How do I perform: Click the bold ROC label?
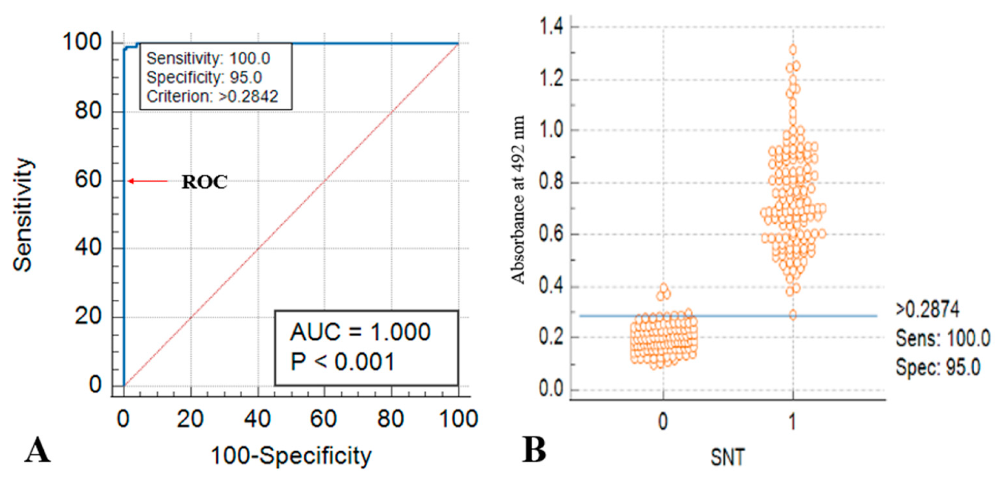[205, 182]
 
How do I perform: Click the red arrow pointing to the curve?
[148, 181]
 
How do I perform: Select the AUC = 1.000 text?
[360, 332]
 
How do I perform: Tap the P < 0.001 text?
[343, 362]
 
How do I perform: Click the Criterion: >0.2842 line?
[212, 97]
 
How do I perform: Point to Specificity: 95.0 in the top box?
[204, 77]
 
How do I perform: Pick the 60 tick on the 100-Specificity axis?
[323, 419]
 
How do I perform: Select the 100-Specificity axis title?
[291, 456]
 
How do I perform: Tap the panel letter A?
[37, 450]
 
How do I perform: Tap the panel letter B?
[534, 450]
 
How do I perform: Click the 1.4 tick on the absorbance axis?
[551, 27]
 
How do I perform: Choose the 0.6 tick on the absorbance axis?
[551, 234]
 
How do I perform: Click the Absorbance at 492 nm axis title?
[518, 200]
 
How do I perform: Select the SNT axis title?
[727, 457]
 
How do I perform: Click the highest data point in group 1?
[793, 50]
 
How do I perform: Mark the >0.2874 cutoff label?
[927, 310]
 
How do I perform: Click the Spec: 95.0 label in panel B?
[937, 367]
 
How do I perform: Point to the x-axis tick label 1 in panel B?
[792, 421]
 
